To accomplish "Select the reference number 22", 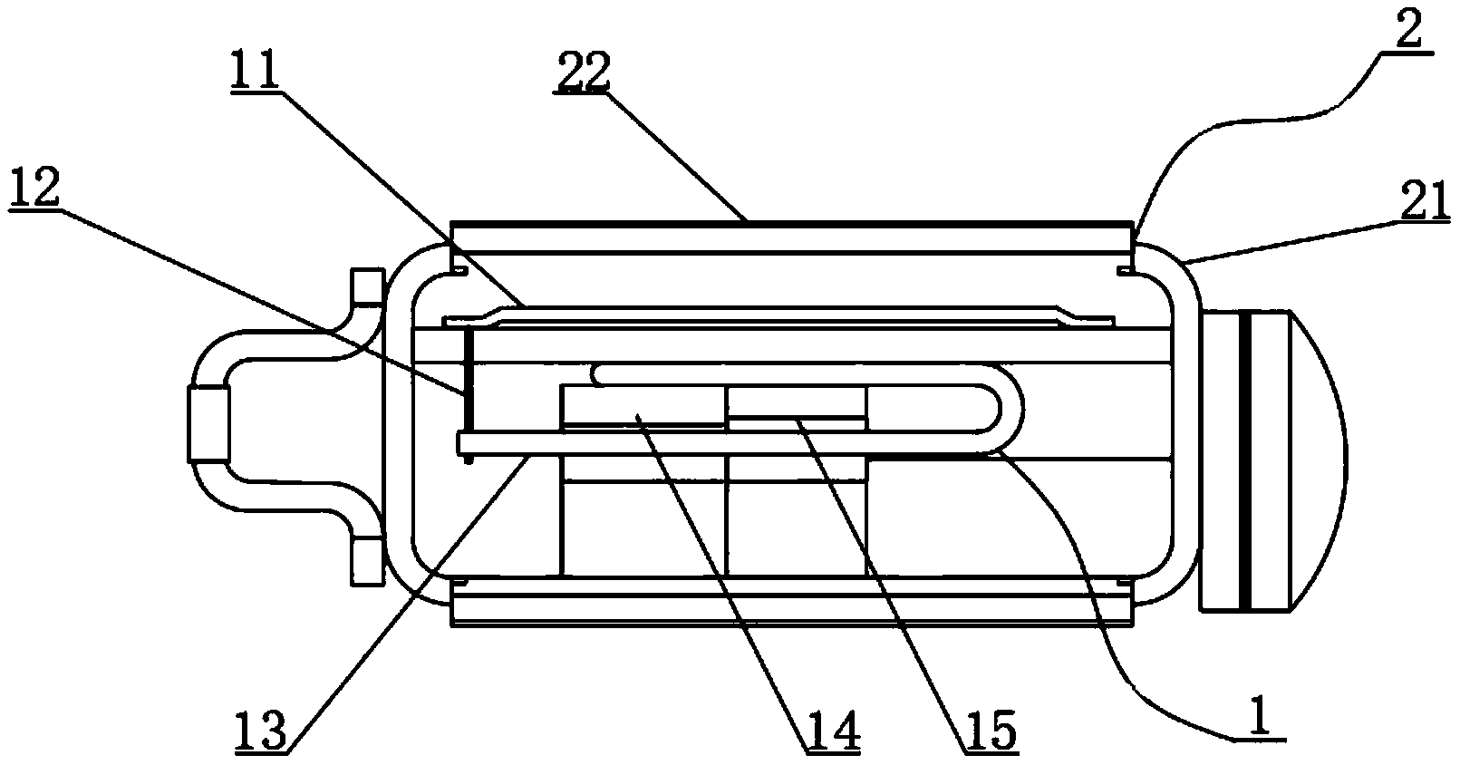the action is pyautogui.click(x=582, y=73).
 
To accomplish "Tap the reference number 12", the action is pyautogui.click(x=34, y=188).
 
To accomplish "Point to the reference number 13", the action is pyautogui.click(x=261, y=730).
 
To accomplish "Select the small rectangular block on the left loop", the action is pyautogui.click(x=208, y=424).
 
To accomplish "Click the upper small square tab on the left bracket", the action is pyautogui.click(x=367, y=286).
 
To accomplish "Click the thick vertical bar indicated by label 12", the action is pyautogui.click(x=468, y=395).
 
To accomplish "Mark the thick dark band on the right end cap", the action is pyautogui.click(x=1245, y=460).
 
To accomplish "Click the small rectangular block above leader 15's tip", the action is pyautogui.click(x=798, y=403).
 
